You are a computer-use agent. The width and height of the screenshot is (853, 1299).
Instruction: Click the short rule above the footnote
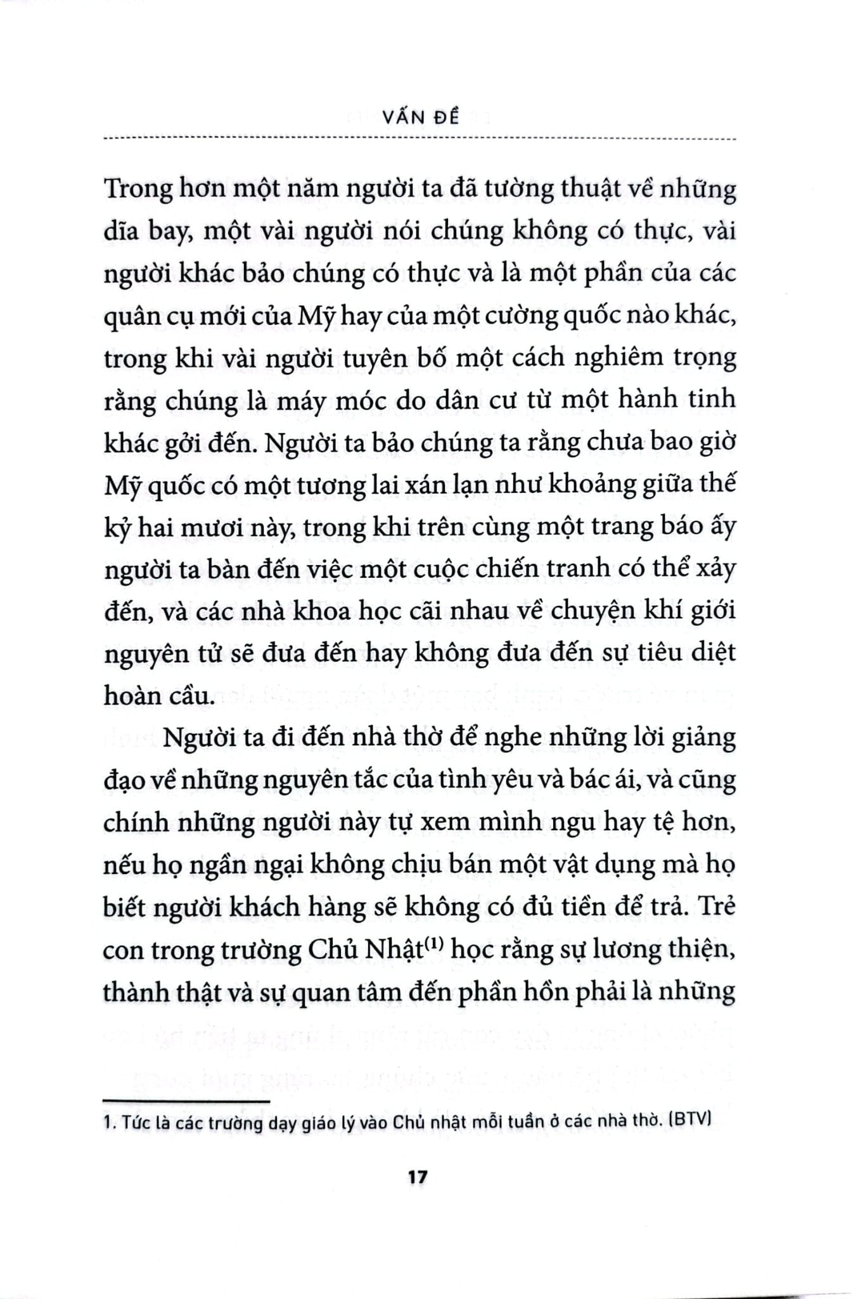(186, 1102)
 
